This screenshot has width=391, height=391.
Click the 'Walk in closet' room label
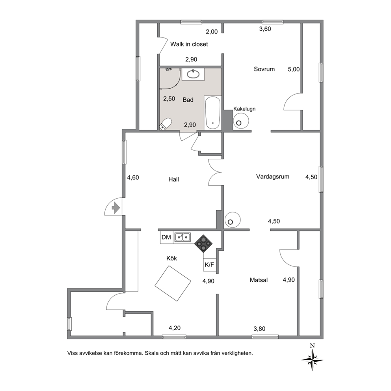click(189, 44)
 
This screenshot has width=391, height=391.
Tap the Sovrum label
click(264, 69)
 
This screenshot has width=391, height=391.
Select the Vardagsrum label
click(272, 177)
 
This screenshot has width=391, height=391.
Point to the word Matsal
click(259, 280)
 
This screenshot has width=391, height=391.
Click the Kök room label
click(171, 258)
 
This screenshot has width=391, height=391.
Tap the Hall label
click(173, 179)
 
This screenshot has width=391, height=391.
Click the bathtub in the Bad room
click(212, 113)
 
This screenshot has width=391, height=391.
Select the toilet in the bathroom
click(166, 124)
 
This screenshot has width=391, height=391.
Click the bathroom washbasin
click(193, 74)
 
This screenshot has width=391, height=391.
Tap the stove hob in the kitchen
click(203, 244)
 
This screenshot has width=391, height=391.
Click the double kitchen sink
click(182, 237)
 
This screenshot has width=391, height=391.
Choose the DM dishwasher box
click(166, 237)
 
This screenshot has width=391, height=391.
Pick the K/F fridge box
click(209, 264)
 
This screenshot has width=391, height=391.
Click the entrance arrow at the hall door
click(115, 208)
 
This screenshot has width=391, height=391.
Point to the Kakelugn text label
click(244, 109)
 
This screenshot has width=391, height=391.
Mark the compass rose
click(312, 359)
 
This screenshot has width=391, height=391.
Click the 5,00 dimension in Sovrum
click(294, 69)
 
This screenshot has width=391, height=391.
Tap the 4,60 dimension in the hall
click(133, 177)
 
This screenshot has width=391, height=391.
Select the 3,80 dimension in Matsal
click(259, 329)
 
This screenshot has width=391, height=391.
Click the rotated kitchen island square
click(173, 283)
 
